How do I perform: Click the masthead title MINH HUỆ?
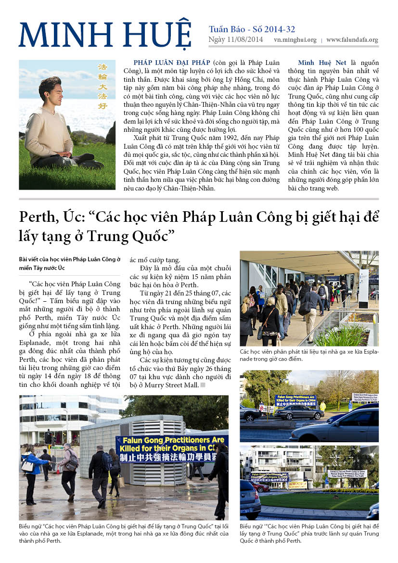105,35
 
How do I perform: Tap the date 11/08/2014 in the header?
245,40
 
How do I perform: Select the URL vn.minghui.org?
295,40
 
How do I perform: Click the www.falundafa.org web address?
352,40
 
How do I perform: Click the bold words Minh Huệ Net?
320,63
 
